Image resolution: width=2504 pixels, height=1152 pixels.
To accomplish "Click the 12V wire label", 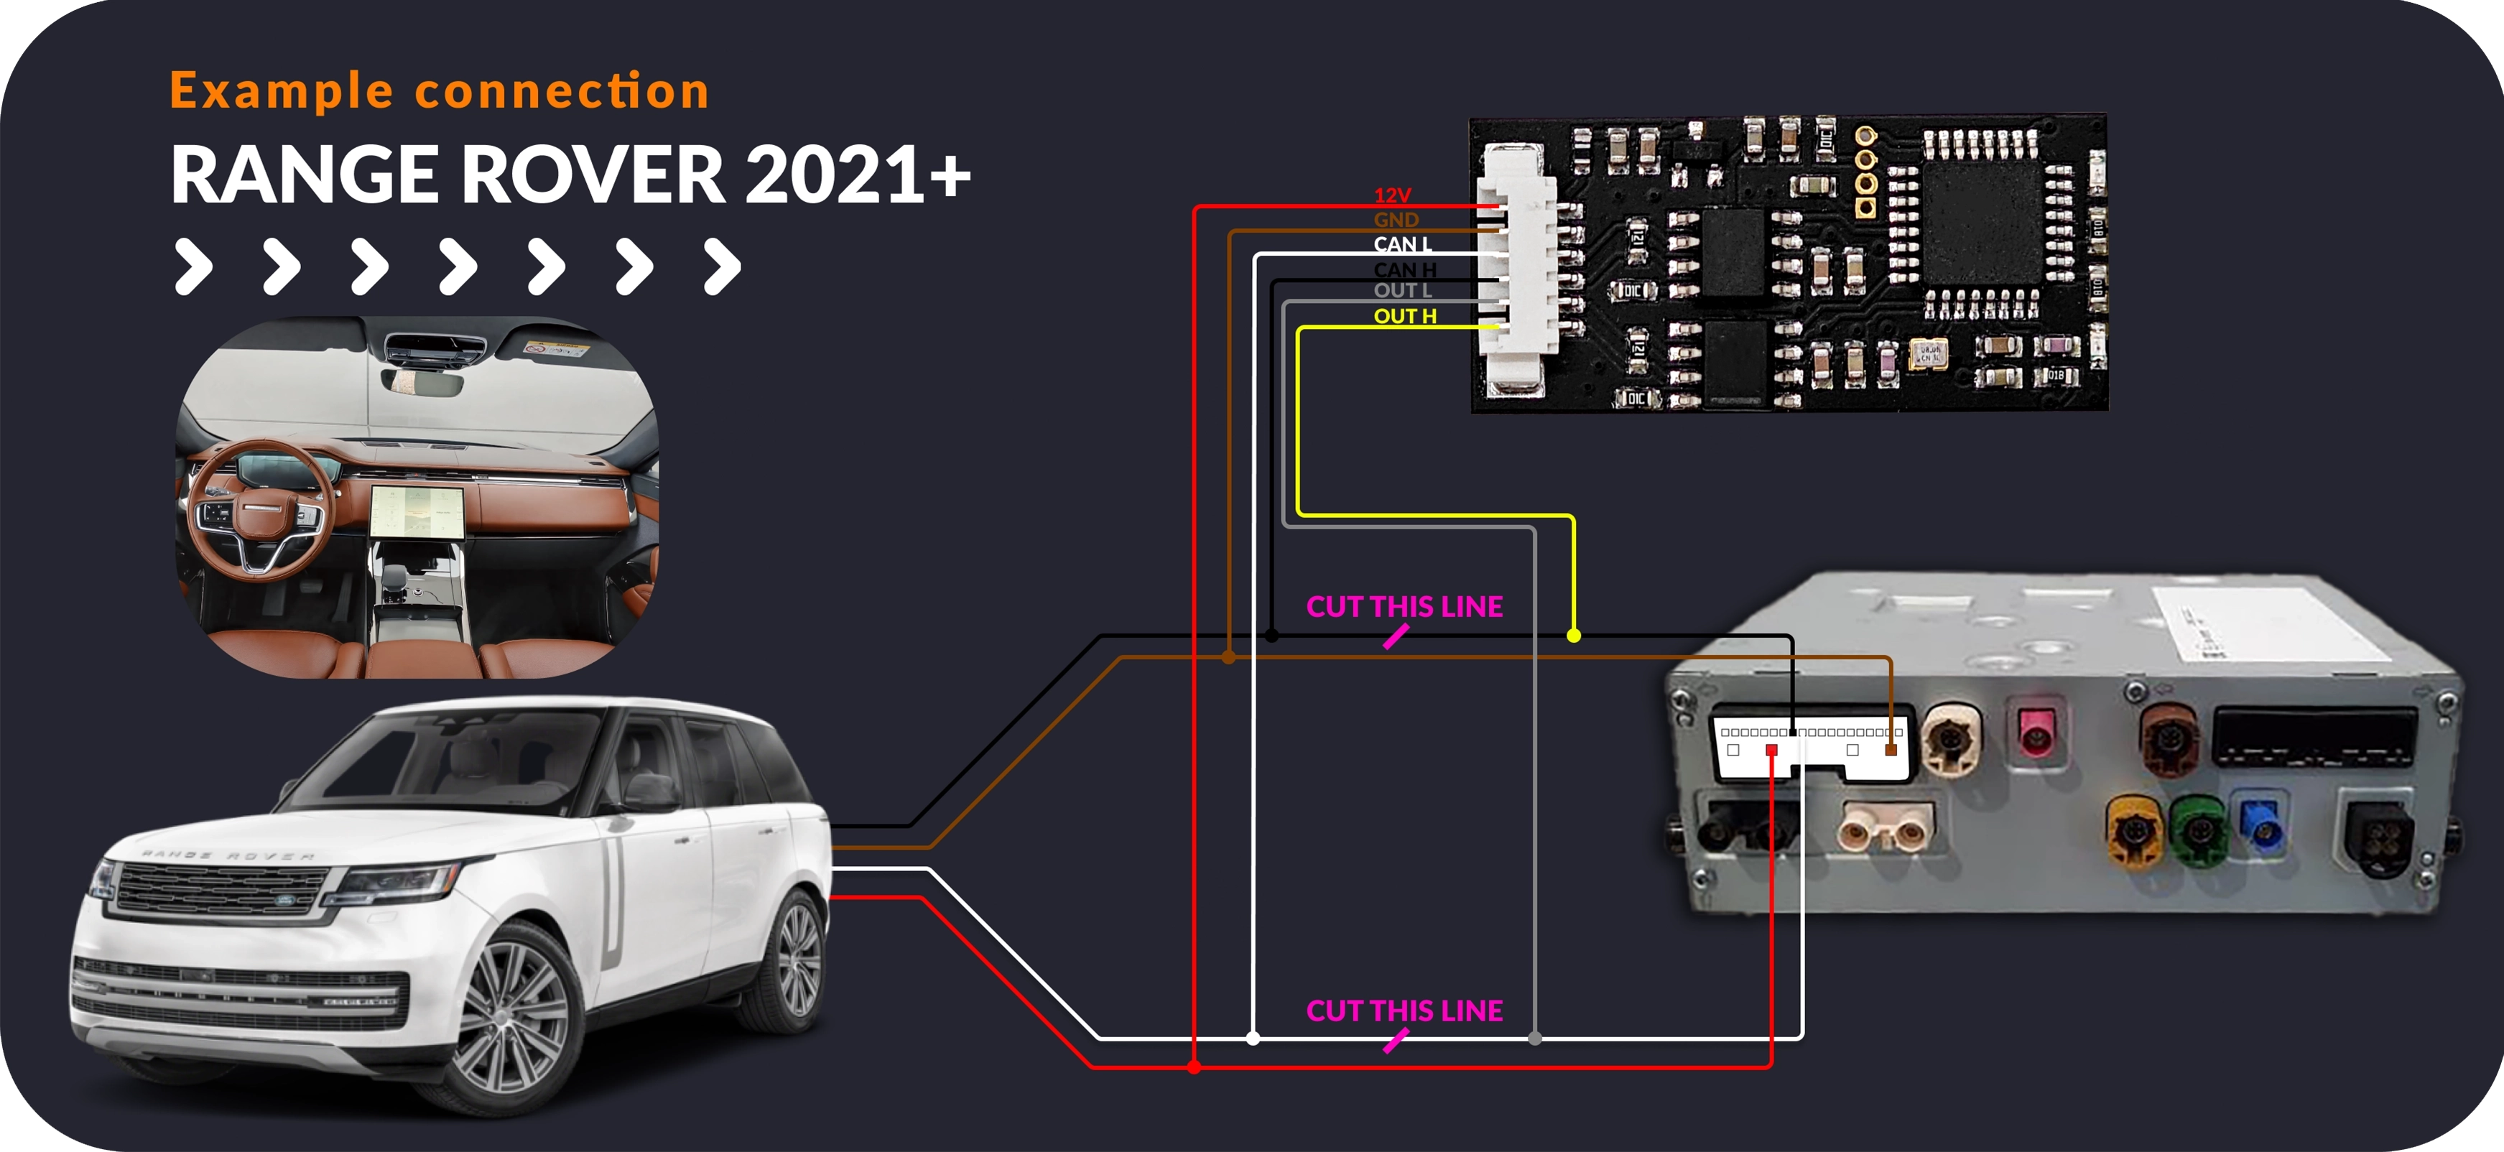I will pos(1392,195).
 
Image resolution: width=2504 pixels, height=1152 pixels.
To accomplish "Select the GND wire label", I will pos(1396,220).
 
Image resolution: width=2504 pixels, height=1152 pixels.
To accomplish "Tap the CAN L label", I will pos(1401,244).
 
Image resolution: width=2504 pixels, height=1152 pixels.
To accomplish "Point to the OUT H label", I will pos(1404,316).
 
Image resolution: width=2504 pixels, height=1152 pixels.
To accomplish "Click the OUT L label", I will pos(1401,291).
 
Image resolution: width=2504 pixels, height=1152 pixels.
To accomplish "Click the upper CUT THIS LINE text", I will pos(1404,607).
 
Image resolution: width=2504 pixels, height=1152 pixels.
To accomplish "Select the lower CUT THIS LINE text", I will pos(1404,1011).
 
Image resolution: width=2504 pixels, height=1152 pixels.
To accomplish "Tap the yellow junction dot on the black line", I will pos(1574,636).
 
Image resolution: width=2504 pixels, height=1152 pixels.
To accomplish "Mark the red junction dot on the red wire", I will pos(1195,1067).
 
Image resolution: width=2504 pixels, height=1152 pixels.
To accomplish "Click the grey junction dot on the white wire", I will pos(1535,1039).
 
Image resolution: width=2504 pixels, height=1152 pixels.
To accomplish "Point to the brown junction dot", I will pos(1229,657).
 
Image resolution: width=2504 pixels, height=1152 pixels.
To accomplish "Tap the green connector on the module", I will pos(2199,830).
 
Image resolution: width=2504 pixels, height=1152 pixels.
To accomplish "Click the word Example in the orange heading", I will pos(282,91).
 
